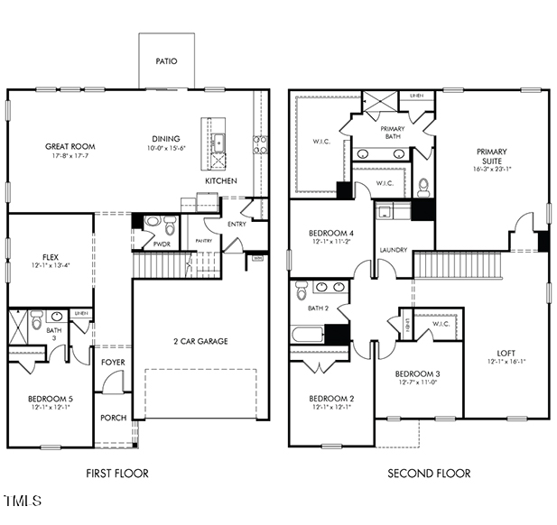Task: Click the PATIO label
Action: pyautogui.click(x=165, y=61)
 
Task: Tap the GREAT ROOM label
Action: pyautogui.click(x=70, y=146)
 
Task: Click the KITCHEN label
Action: pyautogui.click(x=220, y=181)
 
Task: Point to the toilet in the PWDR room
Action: pyautogui.click(x=153, y=222)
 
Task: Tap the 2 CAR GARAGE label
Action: pyautogui.click(x=200, y=341)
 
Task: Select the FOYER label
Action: pyautogui.click(x=114, y=363)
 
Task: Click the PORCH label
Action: pyautogui.click(x=114, y=417)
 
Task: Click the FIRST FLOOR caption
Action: pyautogui.click(x=117, y=473)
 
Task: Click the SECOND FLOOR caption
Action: pyautogui.click(x=429, y=473)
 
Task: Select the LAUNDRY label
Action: pyautogui.click(x=393, y=250)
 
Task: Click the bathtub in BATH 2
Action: pyautogui.click(x=308, y=334)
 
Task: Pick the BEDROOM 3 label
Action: pyautogui.click(x=418, y=373)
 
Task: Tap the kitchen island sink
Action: pyautogui.click(x=218, y=141)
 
